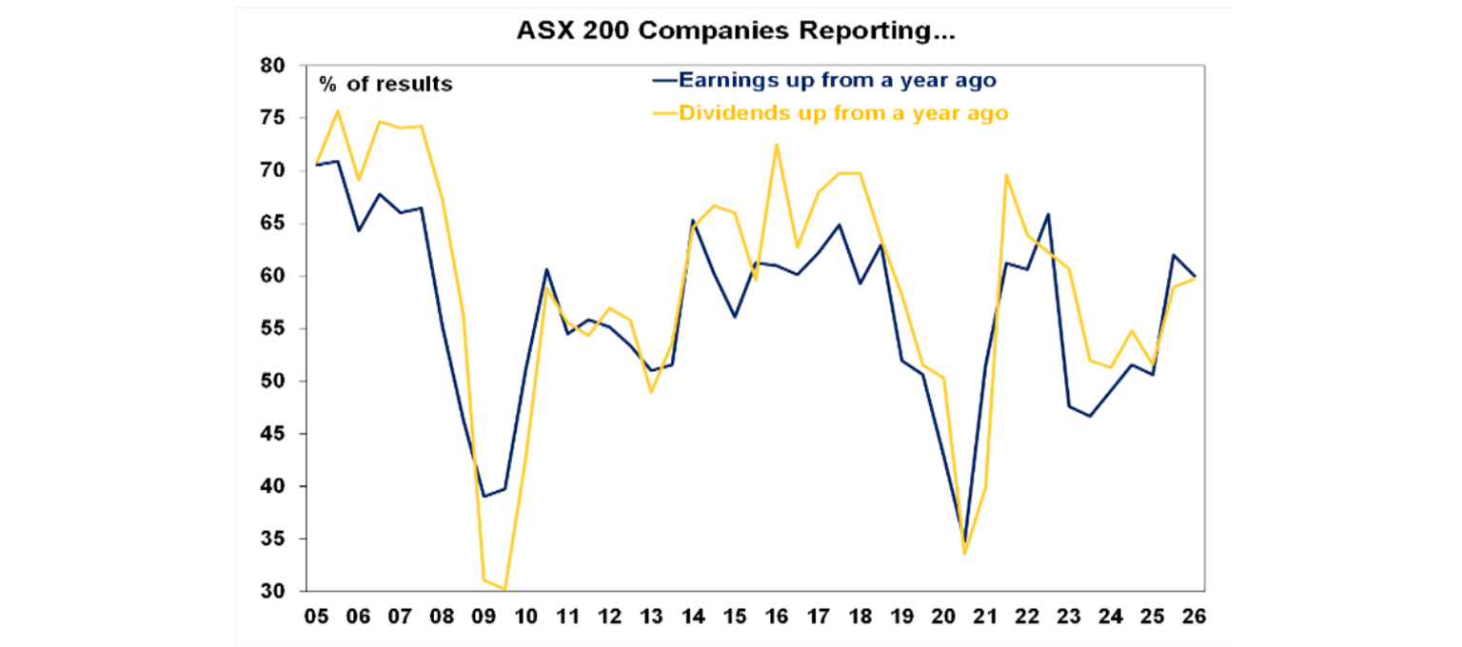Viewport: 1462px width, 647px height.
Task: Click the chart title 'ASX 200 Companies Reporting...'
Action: click(735, 32)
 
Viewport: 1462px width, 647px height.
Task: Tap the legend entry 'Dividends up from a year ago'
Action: click(842, 113)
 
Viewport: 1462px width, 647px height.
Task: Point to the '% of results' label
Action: click(385, 85)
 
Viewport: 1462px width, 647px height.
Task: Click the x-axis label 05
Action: click(316, 616)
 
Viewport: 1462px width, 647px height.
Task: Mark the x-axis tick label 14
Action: click(693, 616)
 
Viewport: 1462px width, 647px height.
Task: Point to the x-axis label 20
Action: click(944, 616)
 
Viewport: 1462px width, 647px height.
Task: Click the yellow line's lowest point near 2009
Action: click(504, 589)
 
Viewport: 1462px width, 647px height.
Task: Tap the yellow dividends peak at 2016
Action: click(777, 145)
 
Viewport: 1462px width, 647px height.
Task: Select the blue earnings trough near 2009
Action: click(484, 496)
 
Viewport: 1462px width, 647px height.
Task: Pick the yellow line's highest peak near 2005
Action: click(337, 110)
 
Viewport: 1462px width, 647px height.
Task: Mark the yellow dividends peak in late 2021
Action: click(1007, 174)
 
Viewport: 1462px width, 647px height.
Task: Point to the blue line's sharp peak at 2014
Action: click(693, 220)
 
